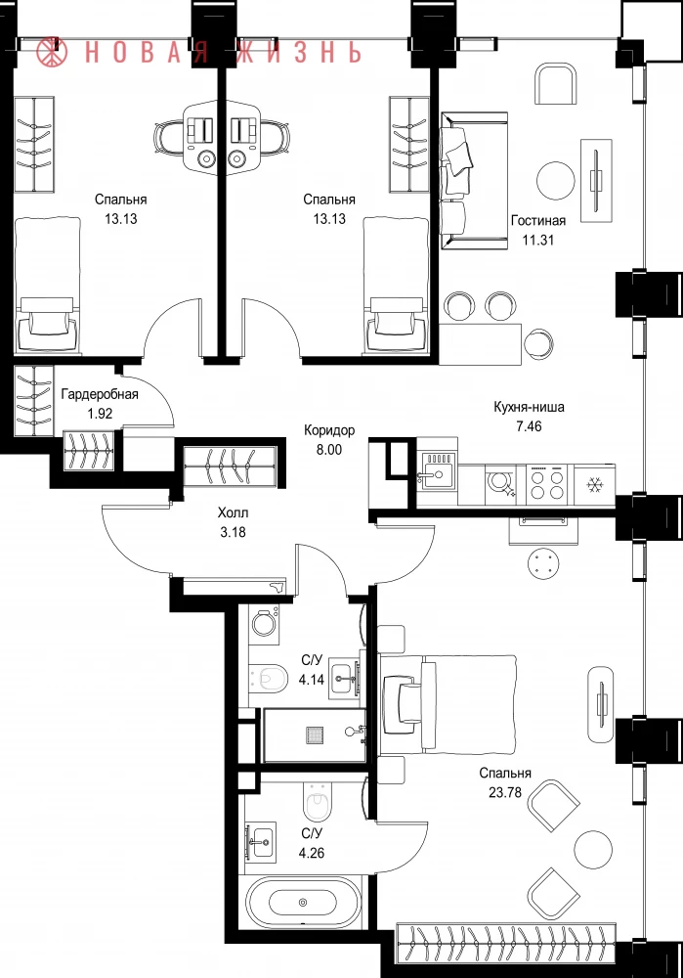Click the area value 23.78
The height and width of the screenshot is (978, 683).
click(x=505, y=793)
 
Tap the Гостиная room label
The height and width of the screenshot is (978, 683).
click(x=537, y=220)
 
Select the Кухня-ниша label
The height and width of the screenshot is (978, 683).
click(x=529, y=407)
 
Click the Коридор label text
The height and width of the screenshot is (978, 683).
click(x=329, y=429)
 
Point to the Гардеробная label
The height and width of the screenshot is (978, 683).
click(x=100, y=394)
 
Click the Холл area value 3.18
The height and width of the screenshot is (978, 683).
click(x=233, y=532)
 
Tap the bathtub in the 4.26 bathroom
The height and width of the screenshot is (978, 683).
click(x=303, y=902)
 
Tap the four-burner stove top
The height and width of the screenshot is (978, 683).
click(x=546, y=485)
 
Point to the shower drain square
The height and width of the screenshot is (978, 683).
click(x=315, y=734)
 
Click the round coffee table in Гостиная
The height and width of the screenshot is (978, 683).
click(x=555, y=180)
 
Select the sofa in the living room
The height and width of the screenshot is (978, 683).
click(x=474, y=180)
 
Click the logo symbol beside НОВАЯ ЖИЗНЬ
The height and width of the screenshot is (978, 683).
click(x=52, y=53)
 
